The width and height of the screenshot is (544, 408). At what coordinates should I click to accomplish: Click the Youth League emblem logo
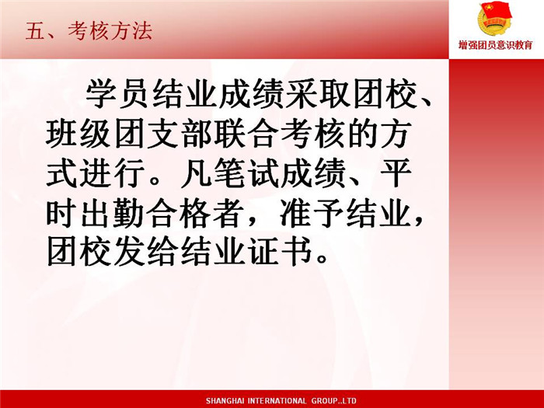tap(494, 19)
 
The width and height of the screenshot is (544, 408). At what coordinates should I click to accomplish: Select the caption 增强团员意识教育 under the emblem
tap(496, 45)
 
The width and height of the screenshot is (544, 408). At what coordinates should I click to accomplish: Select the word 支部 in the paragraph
tap(179, 134)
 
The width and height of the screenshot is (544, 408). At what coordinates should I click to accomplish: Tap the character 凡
tap(196, 173)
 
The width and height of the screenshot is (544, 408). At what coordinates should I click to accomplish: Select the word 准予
tap(312, 213)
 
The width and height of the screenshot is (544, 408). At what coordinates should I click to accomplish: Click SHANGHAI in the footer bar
tap(225, 401)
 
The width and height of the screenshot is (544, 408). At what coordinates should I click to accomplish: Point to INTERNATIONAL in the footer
tap(277, 401)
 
